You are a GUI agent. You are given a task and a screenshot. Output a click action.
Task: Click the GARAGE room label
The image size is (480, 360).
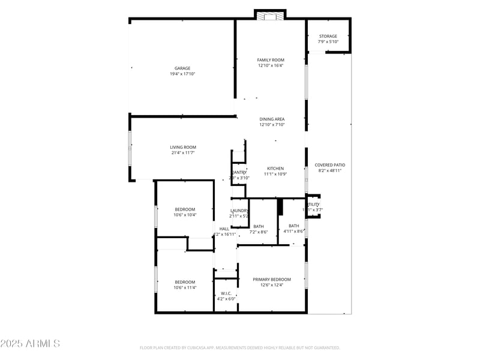pos(182,68)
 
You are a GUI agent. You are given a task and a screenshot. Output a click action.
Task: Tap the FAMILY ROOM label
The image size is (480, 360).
pos(271,60)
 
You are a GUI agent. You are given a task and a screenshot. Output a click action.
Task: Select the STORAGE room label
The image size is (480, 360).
pos(328,36)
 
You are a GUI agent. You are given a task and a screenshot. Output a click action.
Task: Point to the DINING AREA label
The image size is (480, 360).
pos(272,119)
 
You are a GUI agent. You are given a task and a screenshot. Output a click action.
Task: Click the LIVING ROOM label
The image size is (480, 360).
pos(183,147)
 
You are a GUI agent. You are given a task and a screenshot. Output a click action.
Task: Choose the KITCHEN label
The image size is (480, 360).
pos(275,169)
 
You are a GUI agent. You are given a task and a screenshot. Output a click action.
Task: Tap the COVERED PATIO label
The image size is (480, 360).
pos(330,165)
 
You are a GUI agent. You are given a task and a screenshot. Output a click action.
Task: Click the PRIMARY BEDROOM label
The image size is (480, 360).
pos(272,280)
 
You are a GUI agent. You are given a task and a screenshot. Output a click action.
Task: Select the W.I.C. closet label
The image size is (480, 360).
pos(226,293)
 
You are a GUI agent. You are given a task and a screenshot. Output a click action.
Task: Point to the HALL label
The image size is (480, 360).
pos(224,229)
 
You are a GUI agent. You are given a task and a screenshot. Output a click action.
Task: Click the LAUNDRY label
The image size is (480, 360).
pos(239,211)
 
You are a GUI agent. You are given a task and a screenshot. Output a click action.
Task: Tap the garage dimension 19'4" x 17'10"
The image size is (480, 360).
pos(182,74)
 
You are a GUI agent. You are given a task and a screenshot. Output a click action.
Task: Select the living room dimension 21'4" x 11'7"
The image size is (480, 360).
pos(183,153)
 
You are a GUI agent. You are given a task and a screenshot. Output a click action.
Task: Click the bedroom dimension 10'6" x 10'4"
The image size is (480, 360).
pos(185,215)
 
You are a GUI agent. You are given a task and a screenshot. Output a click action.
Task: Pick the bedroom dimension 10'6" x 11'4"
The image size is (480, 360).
pos(185,287)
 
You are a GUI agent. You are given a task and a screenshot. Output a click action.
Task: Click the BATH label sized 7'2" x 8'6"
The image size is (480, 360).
pos(259,226)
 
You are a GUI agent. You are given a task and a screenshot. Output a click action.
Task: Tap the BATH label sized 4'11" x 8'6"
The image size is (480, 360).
pos(294,226)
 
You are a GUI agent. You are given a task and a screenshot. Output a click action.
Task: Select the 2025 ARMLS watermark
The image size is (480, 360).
pos(30,344)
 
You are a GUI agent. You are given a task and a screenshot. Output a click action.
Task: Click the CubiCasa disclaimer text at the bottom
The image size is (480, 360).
pos(240,347)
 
